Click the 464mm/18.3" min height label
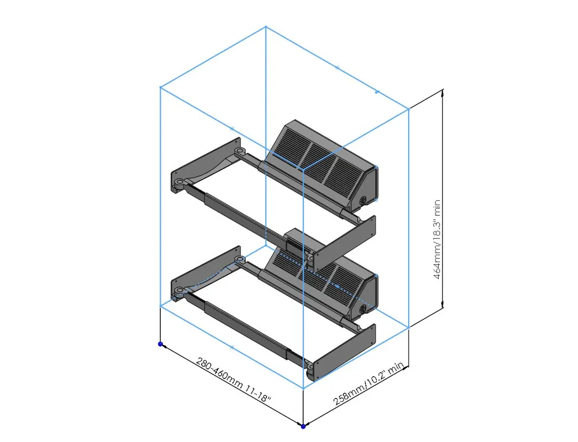tap(438, 240)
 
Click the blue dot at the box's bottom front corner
tap(303, 426)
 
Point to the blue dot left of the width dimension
tap(161, 344)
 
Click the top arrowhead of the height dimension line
tap(443, 92)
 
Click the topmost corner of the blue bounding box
tap(266, 26)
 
